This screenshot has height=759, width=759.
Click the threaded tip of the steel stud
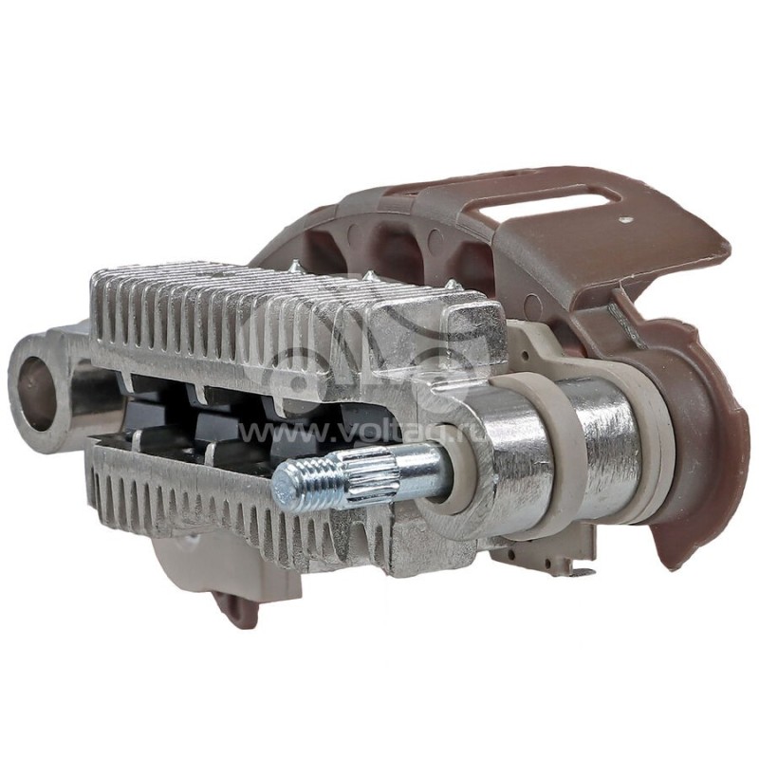pos(302,483)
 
